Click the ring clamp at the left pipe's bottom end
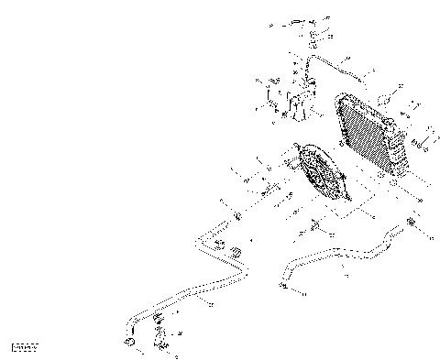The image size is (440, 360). tap(129, 343)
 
